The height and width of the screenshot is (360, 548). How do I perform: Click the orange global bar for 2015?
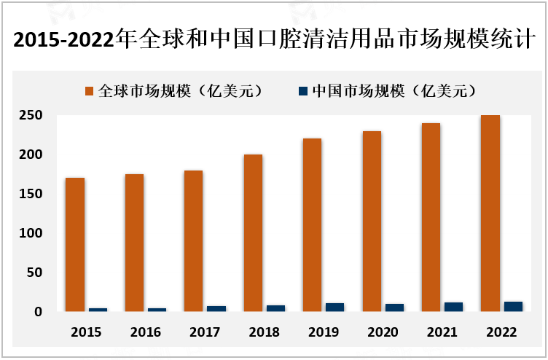tap(75, 245)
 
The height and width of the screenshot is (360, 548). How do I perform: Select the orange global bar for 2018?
tap(254, 233)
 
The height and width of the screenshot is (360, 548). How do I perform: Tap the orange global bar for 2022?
tap(491, 214)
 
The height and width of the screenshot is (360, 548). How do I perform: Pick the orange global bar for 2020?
tap(372, 222)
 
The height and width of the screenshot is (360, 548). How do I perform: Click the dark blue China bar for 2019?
tap(335, 308)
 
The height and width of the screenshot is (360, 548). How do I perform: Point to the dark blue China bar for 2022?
tap(514, 307)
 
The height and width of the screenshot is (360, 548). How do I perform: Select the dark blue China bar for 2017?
tap(216, 309)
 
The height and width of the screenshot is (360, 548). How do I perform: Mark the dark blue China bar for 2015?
tap(98, 310)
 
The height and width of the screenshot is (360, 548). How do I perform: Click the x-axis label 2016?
tap(146, 332)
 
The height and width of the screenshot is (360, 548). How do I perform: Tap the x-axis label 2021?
tap(443, 332)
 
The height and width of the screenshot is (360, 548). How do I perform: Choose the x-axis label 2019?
tap(324, 332)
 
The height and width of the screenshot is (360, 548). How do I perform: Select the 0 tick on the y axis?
tap(39, 312)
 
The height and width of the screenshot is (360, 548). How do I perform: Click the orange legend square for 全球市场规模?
tap(90, 91)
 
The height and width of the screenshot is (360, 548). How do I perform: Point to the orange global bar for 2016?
tap(134, 243)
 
